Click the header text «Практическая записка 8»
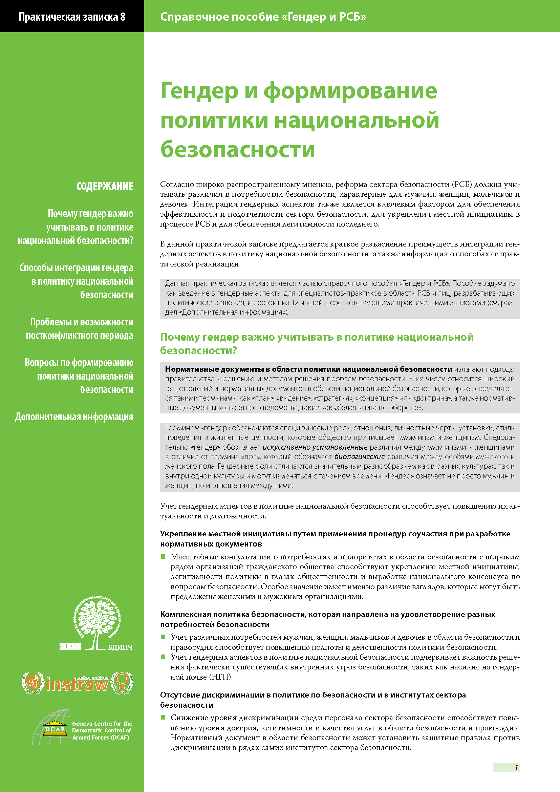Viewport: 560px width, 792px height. point(72,17)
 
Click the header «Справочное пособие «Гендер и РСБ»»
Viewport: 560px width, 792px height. point(263,17)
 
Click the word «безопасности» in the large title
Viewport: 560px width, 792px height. point(238,149)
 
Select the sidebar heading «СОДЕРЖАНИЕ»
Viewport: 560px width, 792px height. point(105,186)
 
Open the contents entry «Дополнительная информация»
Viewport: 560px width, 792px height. point(74,417)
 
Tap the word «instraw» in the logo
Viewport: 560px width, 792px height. point(77,684)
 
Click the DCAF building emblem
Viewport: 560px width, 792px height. point(55,728)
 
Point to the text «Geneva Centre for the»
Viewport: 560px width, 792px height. point(102,723)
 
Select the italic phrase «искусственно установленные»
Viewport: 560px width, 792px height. point(315,447)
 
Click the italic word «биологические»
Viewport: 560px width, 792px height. point(359,457)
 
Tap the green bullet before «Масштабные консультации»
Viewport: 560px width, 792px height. point(163,556)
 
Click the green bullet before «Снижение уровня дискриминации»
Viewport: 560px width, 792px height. point(163,718)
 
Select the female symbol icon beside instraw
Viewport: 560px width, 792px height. point(122,682)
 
